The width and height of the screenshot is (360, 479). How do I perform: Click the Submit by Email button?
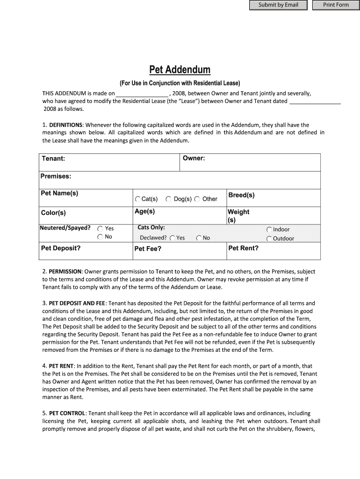pos(278,5)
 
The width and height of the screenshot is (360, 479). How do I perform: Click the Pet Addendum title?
pos(180,70)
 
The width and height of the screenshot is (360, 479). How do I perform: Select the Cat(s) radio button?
pos(138,199)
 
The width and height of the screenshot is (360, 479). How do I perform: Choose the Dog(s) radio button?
pos(168,199)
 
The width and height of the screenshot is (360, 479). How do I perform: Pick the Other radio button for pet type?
pos(197,199)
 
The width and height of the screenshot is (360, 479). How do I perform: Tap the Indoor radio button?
pos(269,230)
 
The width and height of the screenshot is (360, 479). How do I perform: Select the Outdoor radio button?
pos(269,239)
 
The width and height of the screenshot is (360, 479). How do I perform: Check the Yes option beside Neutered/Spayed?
pos(100,229)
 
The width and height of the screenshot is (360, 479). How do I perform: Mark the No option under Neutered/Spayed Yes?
pos(100,237)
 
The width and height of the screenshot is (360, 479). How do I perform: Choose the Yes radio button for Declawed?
pos(173,238)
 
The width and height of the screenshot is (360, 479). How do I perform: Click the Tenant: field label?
pos(53,159)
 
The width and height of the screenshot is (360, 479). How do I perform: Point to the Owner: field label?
pos(194,158)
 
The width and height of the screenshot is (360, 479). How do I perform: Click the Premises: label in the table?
pos(56,176)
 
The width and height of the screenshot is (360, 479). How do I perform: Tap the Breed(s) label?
pos(241,195)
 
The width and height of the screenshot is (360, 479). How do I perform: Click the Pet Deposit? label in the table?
pos(61,248)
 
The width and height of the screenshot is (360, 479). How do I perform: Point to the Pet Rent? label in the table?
pos(243,248)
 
